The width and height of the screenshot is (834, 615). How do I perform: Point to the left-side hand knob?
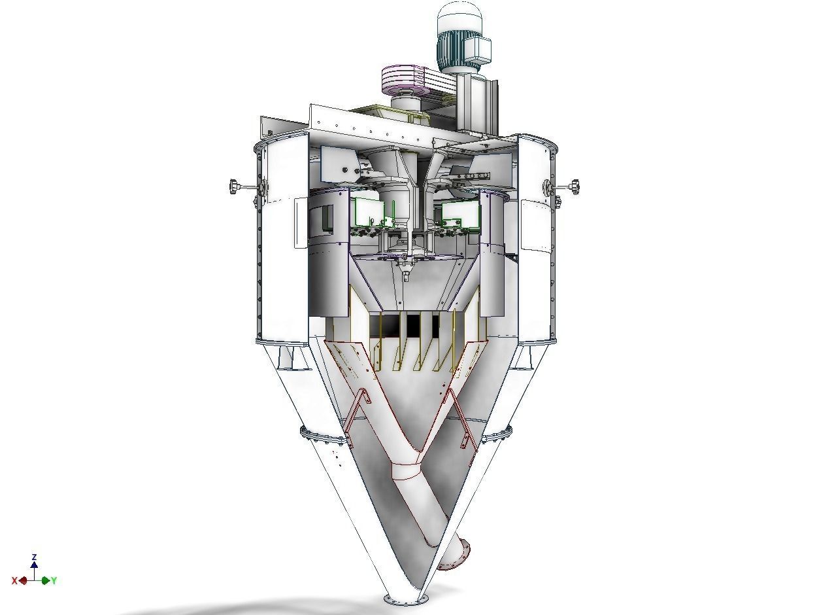235,186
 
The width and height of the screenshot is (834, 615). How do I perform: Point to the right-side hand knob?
574,187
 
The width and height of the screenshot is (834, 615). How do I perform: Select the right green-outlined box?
461,213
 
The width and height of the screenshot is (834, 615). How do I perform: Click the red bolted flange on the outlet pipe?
454,555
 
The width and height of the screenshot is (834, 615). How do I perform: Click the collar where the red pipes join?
407,471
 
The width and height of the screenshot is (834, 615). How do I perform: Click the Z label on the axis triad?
34,557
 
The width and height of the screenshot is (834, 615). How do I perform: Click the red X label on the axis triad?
14,580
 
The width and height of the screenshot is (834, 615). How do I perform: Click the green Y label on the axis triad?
54,580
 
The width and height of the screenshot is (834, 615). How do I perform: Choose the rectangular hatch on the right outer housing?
537,226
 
